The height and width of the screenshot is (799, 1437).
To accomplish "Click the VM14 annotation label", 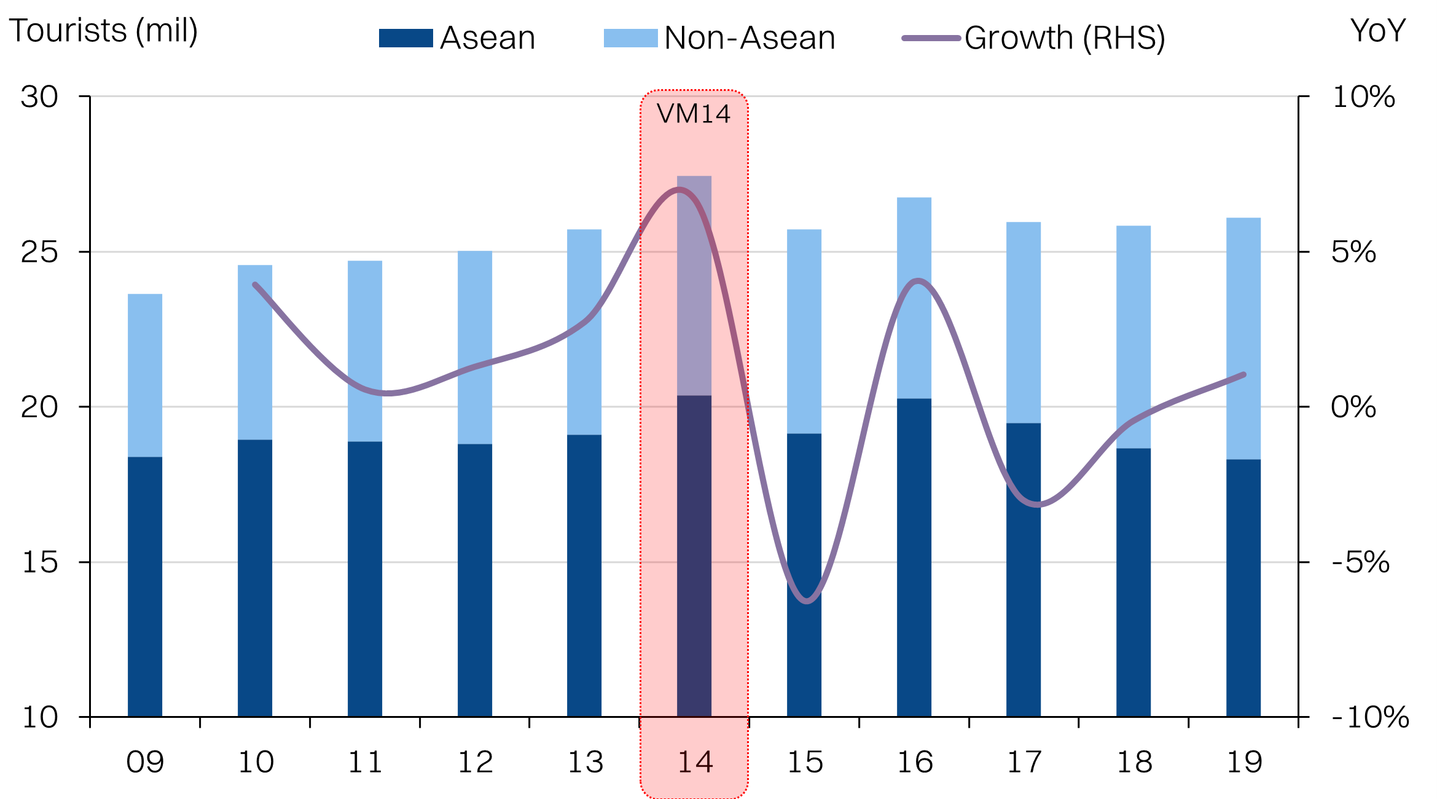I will pyautogui.click(x=694, y=114).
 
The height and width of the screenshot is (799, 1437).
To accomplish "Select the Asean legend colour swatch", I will pyautogui.click(x=405, y=38).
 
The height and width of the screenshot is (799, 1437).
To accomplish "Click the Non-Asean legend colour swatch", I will pyautogui.click(x=630, y=38).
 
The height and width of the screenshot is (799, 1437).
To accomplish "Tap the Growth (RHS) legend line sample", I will pyautogui.click(x=931, y=38).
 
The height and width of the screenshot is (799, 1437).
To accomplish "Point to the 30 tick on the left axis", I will pyautogui.click(x=39, y=97).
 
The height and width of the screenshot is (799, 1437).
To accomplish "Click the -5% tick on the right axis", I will pyautogui.click(x=1361, y=562).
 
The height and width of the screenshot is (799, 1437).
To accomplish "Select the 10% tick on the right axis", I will pyautogui.click(x=1363, y=97).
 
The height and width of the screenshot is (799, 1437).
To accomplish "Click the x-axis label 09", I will pyautogui.click(x=145, y=763).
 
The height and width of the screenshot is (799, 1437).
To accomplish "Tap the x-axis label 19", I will pyautogui.click(x=1244, y=763).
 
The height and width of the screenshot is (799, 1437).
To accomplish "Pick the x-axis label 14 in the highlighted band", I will pyautogui.click(x=695, y=763).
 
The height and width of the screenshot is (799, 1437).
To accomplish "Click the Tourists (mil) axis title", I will pyautogui.click(x=103, y=31).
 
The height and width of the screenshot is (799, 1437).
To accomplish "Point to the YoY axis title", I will pyautogui.click(x=1378, y=31).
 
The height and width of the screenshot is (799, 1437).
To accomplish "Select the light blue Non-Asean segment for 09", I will pyautogui.click(x=145, y=375).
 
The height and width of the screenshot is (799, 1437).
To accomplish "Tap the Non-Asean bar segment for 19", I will pyautogui.click(x=1243, y=338).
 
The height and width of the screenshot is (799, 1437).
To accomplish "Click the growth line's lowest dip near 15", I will pyautogui.click(x=807, y=601).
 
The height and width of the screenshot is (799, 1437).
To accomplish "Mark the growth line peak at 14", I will pyautogui.click(x=679, y=189).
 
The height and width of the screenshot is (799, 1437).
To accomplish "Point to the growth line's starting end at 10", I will pyautogui.click(x=255, y=285).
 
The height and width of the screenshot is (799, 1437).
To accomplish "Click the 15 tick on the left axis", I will pyautogui.click(x=39, y=562).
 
